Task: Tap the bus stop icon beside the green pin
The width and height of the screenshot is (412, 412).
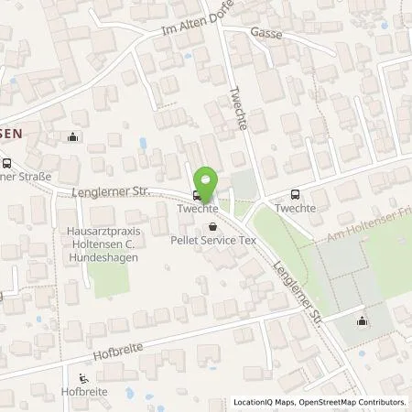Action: [x=197, y=195]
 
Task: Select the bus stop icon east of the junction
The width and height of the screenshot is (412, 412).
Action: [x=295, y=193]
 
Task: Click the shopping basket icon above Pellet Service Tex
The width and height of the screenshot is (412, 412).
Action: [x=213, y=226]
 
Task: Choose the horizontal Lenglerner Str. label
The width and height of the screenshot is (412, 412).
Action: [x=110, y=191]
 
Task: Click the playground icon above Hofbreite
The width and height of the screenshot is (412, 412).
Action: [x=84, y=380]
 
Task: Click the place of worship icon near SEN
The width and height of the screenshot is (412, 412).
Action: [x=73, y=138]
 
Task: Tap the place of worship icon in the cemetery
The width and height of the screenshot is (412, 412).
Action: [x=363, y=320]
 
